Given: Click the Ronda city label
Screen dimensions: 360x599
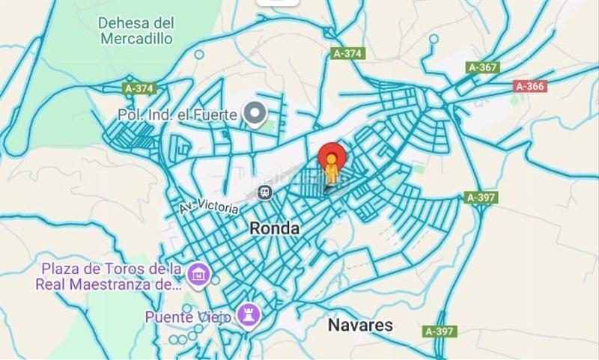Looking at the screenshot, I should (274, 228).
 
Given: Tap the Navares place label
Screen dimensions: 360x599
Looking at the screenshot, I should (360, 325).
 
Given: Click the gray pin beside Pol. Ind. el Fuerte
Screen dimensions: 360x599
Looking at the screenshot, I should (256, 114).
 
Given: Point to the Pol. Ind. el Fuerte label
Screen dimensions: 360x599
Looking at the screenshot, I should (177, 115).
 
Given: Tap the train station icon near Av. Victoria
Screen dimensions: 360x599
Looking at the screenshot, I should (264, 193).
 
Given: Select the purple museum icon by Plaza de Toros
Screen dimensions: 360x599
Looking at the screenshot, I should (198, 275).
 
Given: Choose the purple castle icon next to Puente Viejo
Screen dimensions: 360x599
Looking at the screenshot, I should (248, 315).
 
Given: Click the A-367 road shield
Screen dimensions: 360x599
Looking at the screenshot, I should (482, 67).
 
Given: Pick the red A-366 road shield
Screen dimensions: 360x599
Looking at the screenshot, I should (530, 86).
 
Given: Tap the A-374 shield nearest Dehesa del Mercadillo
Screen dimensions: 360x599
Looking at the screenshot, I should (139, 88).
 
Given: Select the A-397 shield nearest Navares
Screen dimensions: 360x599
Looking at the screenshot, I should (440, 331).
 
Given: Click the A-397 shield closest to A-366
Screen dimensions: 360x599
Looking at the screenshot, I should (481, 198).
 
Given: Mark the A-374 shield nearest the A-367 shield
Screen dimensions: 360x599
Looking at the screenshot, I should (347, 53).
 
